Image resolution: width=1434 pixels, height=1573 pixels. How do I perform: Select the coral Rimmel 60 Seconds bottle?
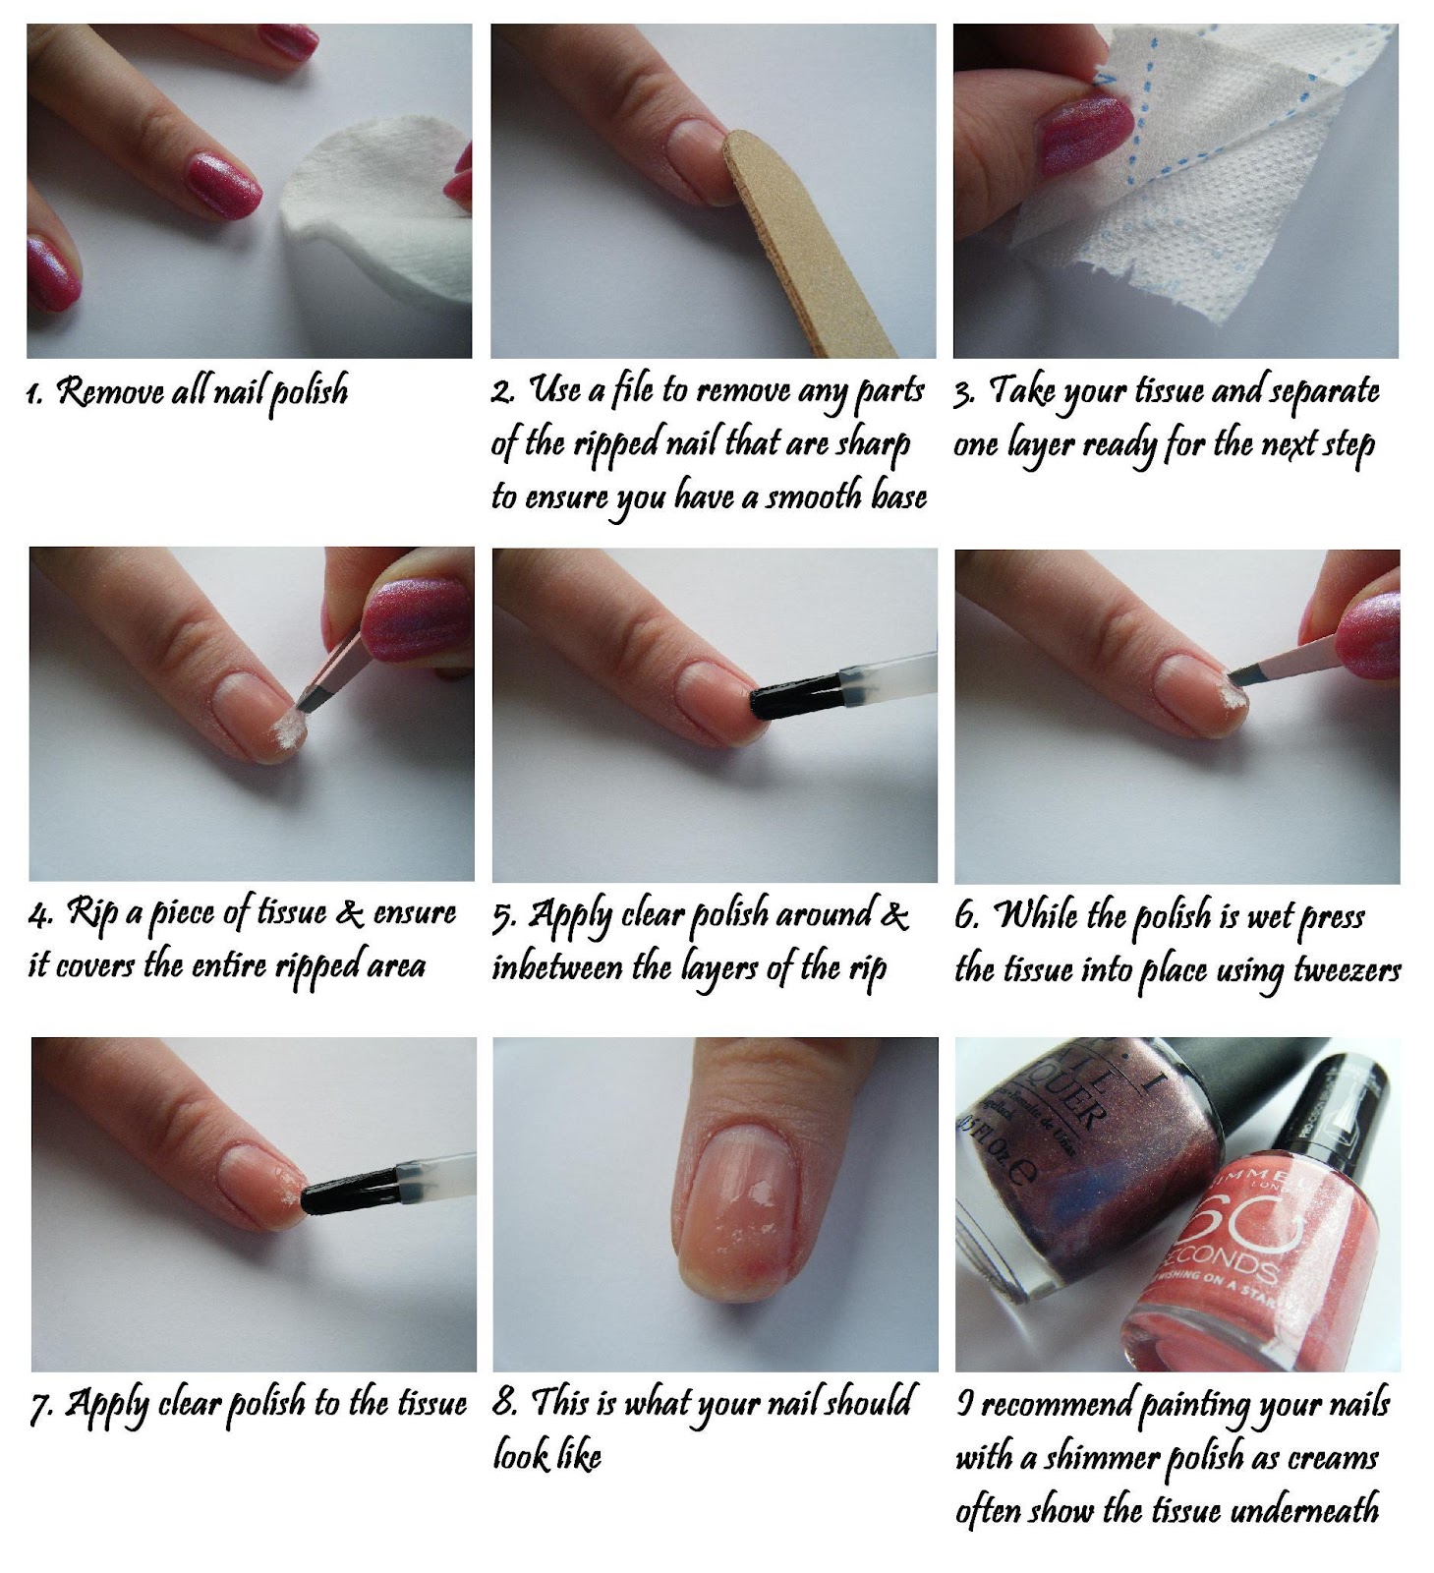(x=1238, y=1249)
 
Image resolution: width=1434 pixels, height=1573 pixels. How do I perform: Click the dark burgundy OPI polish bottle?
(x=1052, y=1180)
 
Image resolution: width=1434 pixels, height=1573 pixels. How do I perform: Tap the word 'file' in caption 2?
(x=632, y=390)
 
